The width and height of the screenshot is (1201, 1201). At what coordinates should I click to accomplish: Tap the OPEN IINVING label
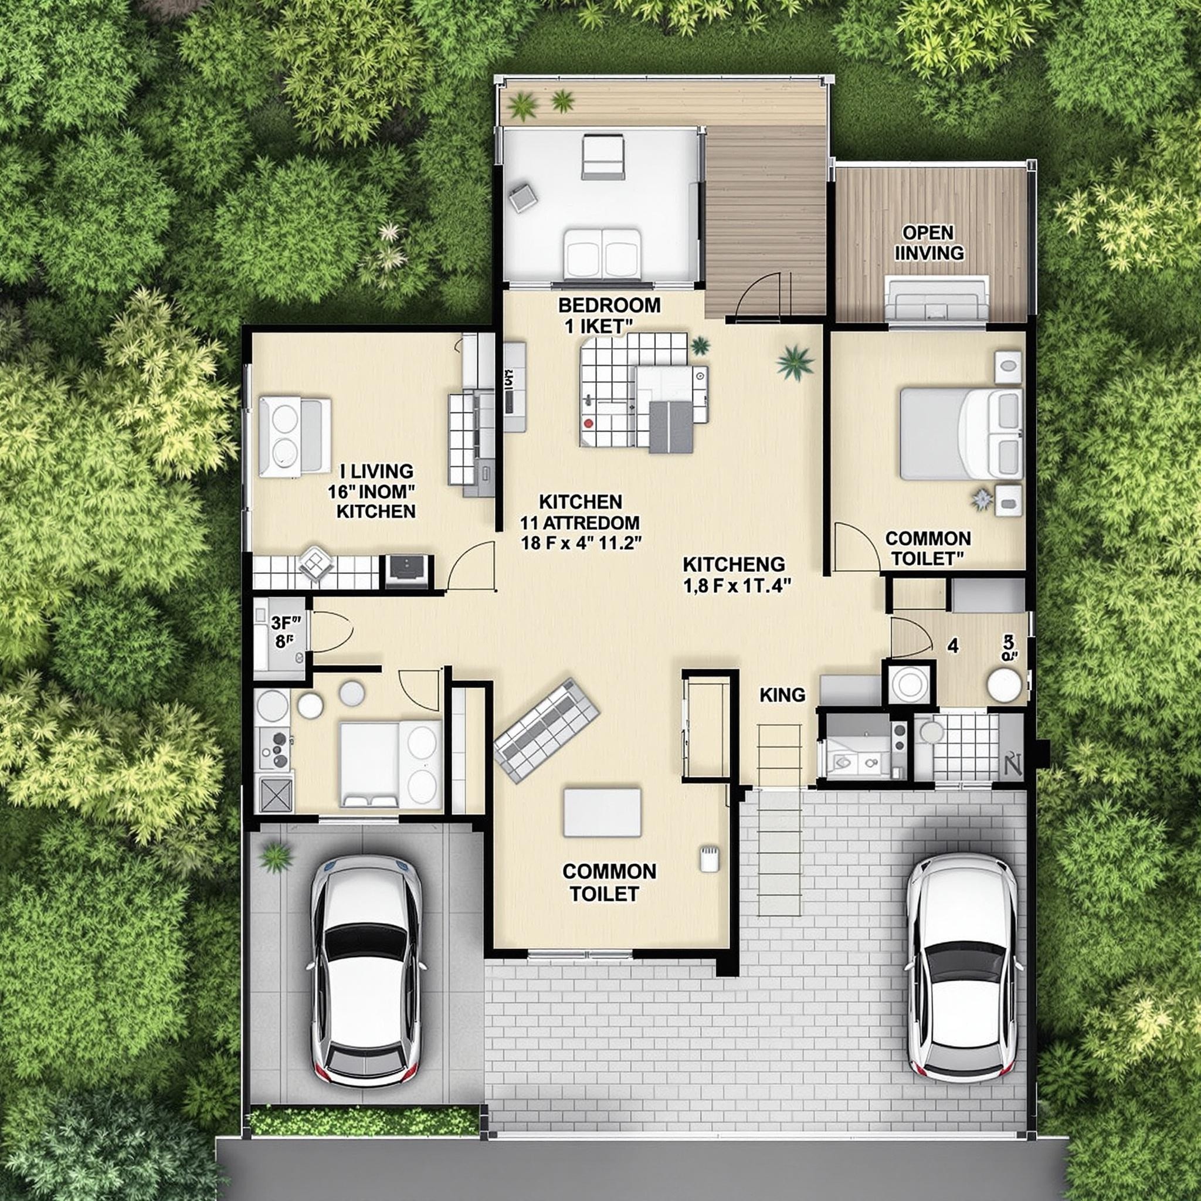coord(928,243)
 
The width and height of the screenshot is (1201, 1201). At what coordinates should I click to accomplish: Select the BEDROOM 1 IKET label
coord(609,315)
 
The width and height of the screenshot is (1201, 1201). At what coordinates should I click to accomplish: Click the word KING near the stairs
coord(782,695)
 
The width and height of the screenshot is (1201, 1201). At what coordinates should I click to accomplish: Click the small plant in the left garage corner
coord(276,857)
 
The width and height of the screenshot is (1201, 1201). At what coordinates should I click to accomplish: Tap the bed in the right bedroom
coord(960,434)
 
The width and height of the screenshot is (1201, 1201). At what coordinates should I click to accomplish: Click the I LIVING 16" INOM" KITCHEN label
coord(372,490)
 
